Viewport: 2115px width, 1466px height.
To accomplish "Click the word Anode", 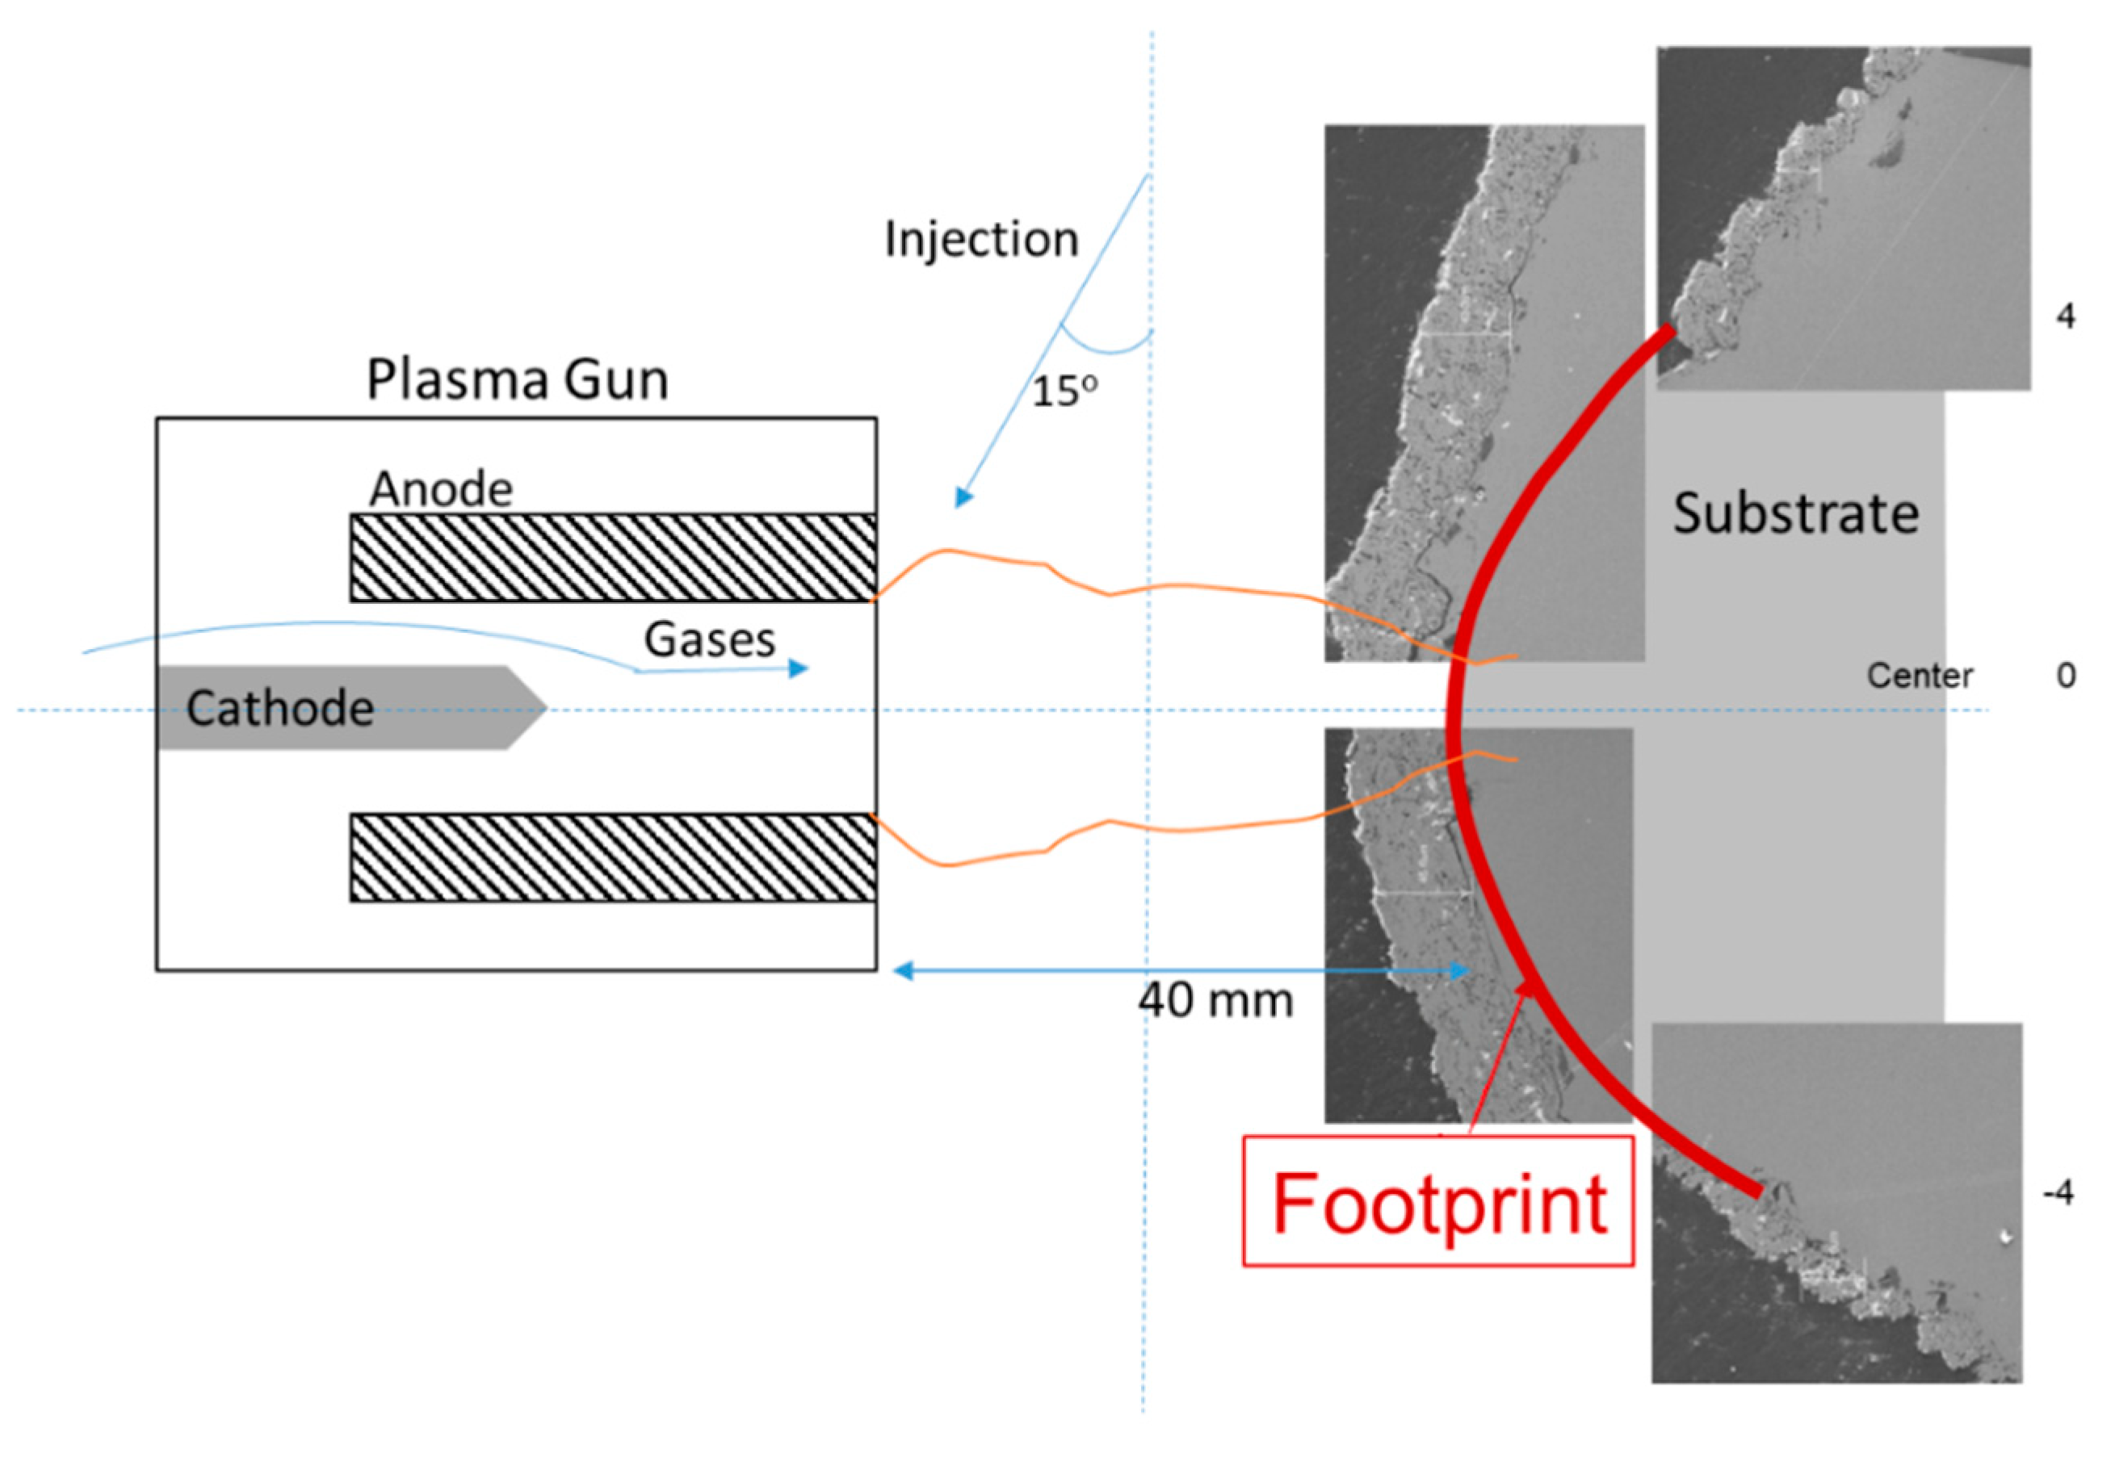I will click(440, 488).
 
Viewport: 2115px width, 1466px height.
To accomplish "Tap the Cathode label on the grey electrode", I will click(279, 708).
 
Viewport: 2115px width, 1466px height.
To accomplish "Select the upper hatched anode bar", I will click(612, 558).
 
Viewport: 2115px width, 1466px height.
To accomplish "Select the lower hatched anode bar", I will click(612, 857).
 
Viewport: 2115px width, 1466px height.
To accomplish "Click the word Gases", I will click(708, 639).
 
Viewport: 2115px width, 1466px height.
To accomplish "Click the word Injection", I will click(980, 240).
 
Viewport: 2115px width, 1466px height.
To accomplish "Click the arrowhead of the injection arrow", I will click(962, 498).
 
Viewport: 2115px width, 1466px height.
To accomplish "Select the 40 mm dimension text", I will click(1215, 1000).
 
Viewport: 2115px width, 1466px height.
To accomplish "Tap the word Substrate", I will click(1794, 513).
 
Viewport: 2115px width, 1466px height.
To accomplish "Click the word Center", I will click(1919, 676).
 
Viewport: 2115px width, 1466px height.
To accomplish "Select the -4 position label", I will click(2057, 1192).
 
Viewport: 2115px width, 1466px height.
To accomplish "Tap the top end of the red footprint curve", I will click(1667, 332).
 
